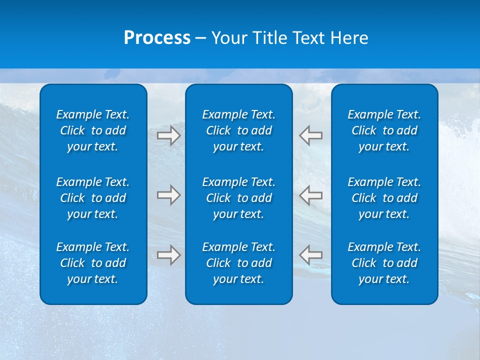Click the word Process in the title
tap(157, 38)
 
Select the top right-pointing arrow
tap(169, 135)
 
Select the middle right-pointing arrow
tap(169, 195)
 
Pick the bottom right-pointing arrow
tap(169, 255)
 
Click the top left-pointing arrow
tap(311, 135)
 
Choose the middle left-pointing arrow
tap(311, 195)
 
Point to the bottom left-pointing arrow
tap(311, 255)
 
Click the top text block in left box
tap(93, 130)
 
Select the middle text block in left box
tap(93, 198)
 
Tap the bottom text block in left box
tap(93, 263)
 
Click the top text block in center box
tap(239, 130)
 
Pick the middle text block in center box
tap(239, 198)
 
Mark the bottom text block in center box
tap(239, 263)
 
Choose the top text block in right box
tap(384, 130)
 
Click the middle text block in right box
tap(384, 198)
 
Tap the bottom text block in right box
tap(384, 263)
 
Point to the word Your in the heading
tap(229, 38)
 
